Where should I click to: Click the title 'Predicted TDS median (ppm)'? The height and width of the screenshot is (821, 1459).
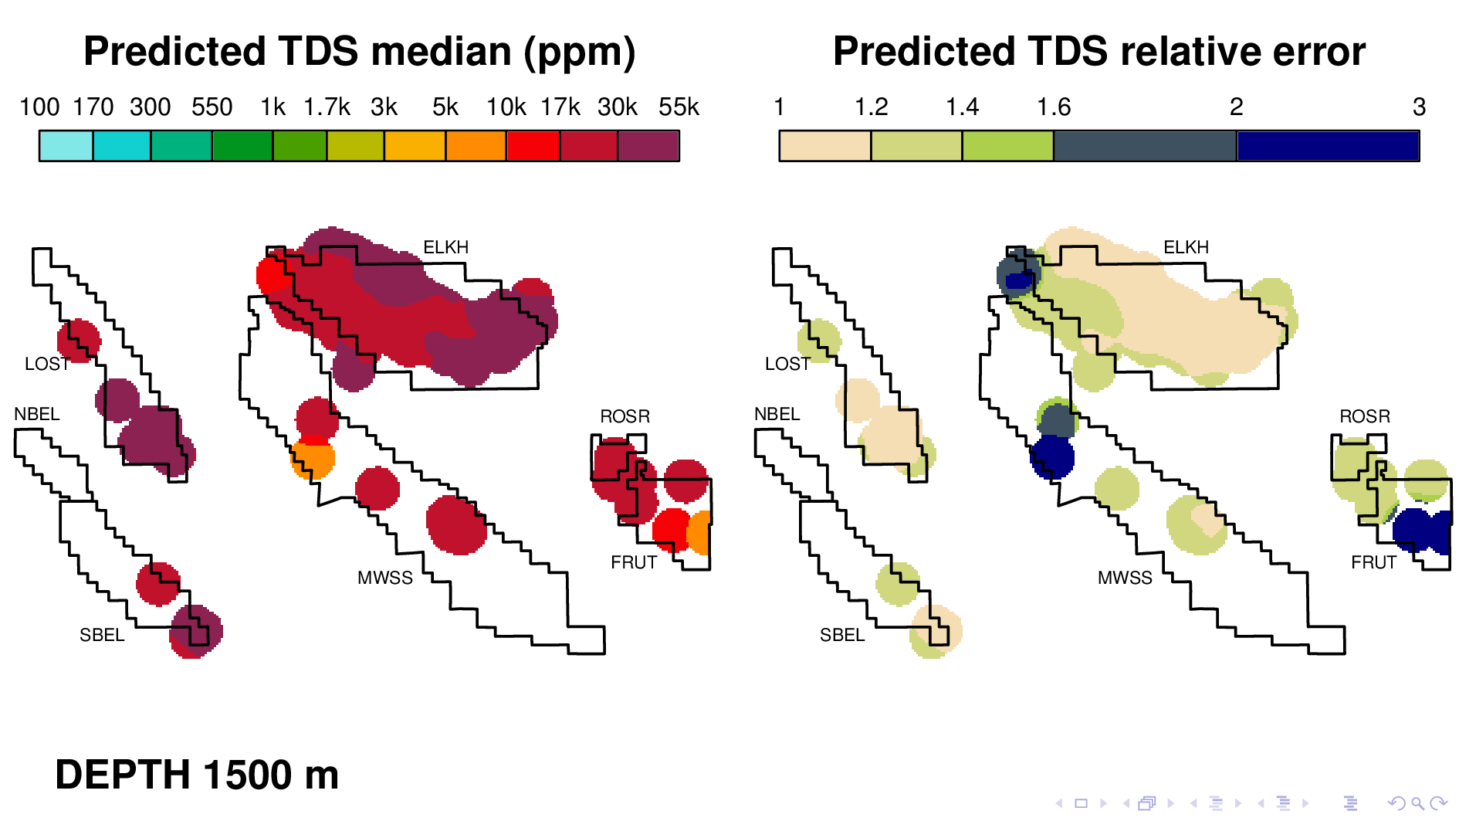359,53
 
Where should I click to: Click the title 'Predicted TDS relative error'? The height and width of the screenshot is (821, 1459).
1099,52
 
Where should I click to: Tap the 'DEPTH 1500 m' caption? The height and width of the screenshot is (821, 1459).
197,775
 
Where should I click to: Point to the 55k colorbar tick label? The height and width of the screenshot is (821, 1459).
679,107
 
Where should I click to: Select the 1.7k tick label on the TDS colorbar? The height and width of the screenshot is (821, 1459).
327,107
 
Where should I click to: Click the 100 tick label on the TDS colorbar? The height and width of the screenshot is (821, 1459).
39,107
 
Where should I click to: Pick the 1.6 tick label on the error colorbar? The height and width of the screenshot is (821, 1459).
1054,107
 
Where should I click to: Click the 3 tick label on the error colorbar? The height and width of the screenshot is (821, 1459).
1419,107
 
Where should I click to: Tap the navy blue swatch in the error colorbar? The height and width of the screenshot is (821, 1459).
1328,146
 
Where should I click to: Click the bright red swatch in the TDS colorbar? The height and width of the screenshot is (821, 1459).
533,146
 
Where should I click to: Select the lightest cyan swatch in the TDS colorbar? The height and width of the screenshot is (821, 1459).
66,146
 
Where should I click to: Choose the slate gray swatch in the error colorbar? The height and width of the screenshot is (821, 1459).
1146,146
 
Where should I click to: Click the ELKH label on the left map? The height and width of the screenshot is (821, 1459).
446,247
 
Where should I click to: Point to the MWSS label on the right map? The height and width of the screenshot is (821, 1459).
1125,578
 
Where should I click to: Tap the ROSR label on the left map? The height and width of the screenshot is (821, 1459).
625,416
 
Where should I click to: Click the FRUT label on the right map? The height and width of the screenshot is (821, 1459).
1373,562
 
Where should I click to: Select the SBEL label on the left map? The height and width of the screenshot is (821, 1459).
102,635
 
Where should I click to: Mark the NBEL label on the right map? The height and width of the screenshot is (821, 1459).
777,414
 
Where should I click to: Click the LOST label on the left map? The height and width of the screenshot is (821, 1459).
47,364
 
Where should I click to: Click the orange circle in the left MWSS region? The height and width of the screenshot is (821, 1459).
313,459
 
